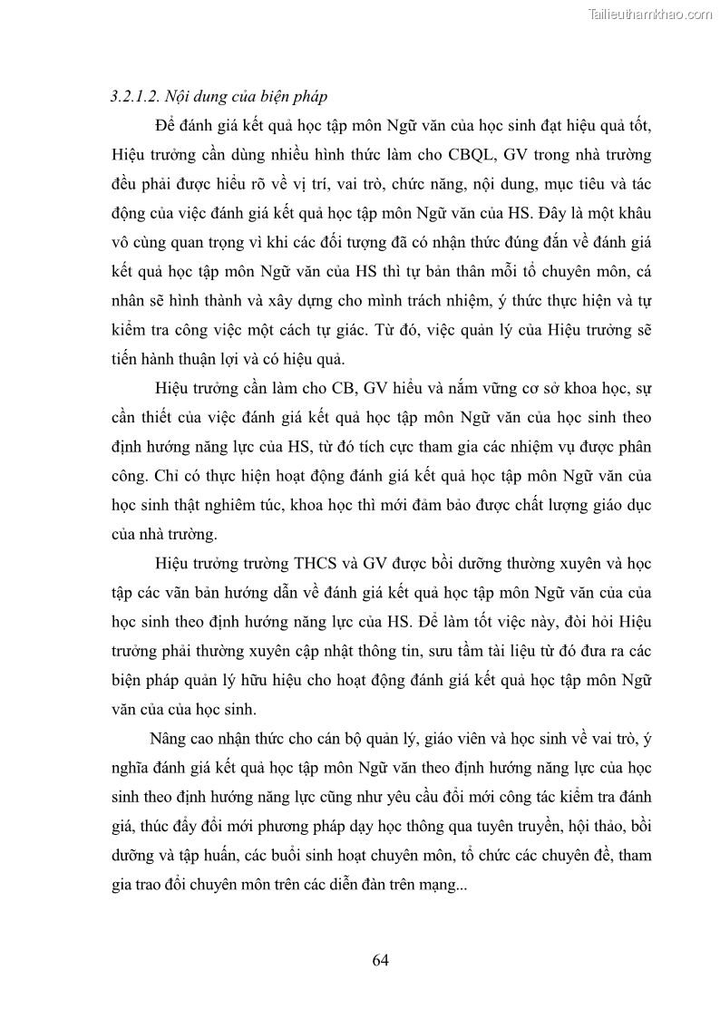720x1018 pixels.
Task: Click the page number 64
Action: [381, 960]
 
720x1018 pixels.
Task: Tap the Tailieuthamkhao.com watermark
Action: [650, 14]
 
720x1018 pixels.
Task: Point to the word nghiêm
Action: [236, 504]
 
